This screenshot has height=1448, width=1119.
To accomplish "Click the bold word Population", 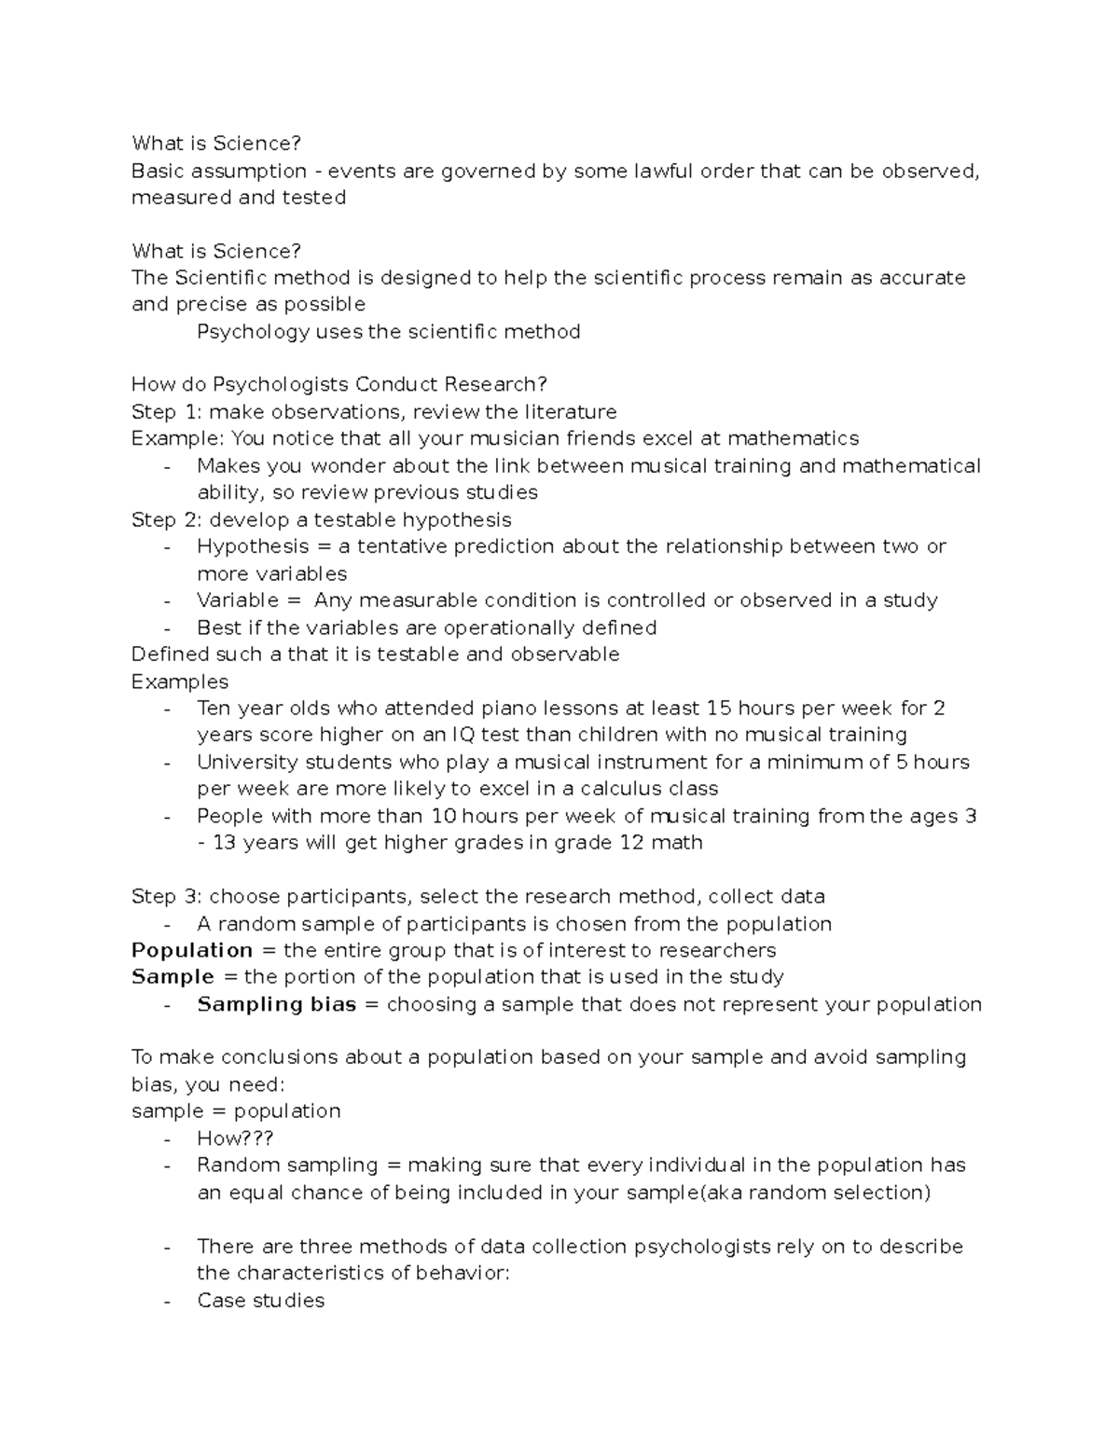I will click(192, 950).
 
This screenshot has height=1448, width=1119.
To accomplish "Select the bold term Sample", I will click(173, 977).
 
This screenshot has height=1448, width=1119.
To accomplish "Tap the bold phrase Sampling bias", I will click(276, 1004).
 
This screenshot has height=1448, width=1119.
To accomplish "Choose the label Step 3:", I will click(167, 897).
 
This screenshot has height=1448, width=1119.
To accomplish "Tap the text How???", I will click(235, 1138).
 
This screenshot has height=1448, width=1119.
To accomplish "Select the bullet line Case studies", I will click(260, 1301).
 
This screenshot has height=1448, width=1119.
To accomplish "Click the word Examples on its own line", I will click(179, 682).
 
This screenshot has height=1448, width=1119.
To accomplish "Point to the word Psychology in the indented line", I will click(253, 332).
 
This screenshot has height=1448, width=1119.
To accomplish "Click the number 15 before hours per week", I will click(720, 709).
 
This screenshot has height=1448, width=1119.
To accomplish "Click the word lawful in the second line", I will click(663, 171).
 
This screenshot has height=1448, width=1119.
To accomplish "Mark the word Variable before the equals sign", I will click(237, 600).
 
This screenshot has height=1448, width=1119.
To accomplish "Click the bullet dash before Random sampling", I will click(167, 1165).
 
